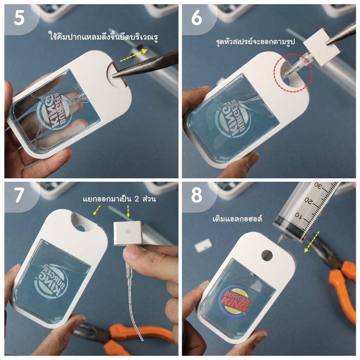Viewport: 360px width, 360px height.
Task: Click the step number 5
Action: click(19, 18)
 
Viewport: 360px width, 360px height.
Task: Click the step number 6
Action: click(197, 18)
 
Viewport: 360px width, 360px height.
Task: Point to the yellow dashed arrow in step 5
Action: click(133, 55)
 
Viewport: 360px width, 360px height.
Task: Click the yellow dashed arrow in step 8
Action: click(311, 242)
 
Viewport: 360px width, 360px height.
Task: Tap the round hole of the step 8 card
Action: click(267, 255)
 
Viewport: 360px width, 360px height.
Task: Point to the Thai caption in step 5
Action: click(103, 36)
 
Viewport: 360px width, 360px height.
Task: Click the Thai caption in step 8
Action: click(237, 218)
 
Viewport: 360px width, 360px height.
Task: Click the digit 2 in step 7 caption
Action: click(137, 199)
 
